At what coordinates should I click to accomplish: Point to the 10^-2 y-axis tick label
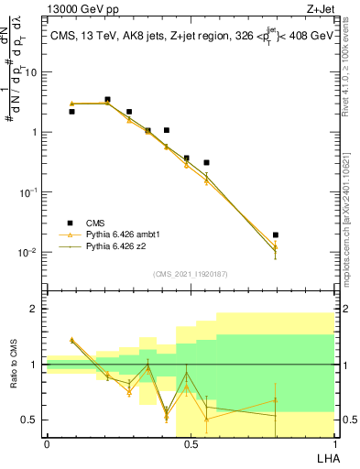point(30,252)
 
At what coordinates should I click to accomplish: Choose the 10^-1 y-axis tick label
point(30,192)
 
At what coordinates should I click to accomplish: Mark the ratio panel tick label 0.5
point(30,420)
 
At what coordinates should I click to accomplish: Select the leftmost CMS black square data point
point(71,111)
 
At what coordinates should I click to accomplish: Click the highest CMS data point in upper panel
point(108,99)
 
